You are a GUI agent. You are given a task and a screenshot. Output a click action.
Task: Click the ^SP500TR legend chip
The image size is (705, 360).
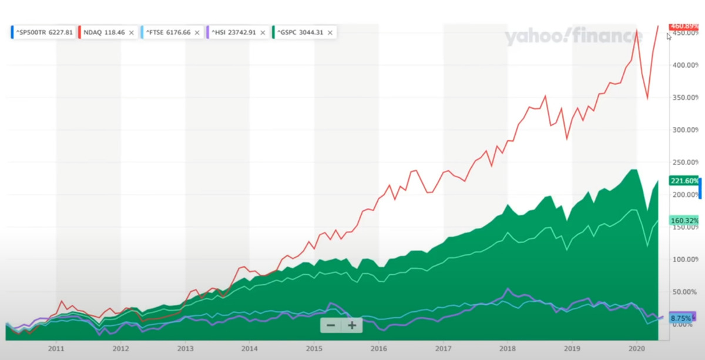pyautogui.click(x=43, y=32)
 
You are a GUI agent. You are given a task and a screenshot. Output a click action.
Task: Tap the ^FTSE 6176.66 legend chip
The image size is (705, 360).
pyautogui.click(x=169, y=32)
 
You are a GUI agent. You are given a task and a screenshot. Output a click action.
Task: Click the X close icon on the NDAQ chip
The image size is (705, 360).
pyautogui.click(x=131, y=32)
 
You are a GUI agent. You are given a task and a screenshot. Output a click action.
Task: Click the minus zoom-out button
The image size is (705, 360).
pyautogui.click(x=331, y=325)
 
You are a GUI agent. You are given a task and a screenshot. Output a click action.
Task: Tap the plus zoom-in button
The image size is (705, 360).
pyautogui.click(x=352, y=325)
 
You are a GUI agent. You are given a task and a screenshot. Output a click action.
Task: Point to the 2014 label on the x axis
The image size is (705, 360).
pyautogui.click(x=249, y=349)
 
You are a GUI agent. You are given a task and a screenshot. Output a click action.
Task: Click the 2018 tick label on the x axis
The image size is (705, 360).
pyautogui.click(x=508, y=349)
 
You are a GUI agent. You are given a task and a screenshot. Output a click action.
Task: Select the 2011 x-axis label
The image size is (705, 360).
pyautogui.click(x=56, y=349)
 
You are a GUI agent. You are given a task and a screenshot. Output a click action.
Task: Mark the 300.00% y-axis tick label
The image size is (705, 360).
pyautogui.click(x=684, y=130)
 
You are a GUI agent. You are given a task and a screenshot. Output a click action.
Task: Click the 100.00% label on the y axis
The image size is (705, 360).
pyautogui.click(x=684, y=259)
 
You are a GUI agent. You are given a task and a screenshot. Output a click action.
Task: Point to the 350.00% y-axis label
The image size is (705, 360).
pyautogui.click(x=684, y=97)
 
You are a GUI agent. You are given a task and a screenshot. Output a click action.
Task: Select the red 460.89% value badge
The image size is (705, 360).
pyautogui.click(x=684, y=26)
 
